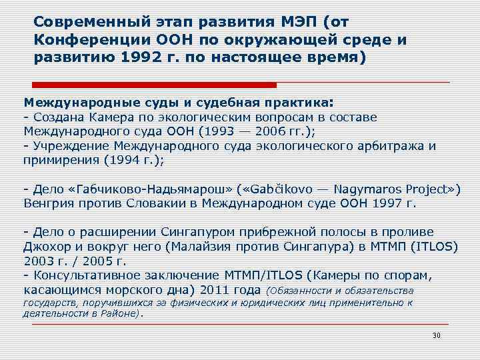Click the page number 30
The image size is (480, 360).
(x=437, y=335)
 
